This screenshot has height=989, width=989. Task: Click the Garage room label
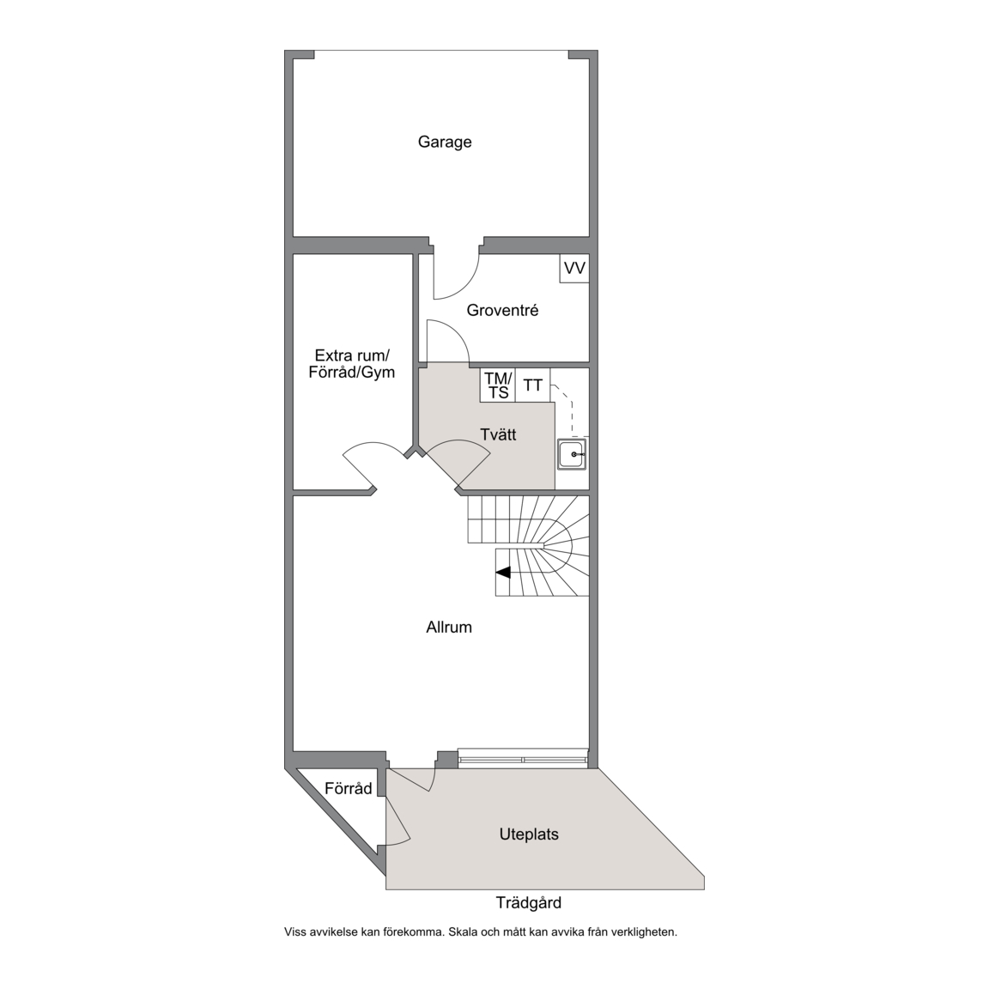tap(445, 142)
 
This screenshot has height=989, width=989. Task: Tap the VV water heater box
tap(574, 268)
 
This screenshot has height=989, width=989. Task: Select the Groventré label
tap(502, 310)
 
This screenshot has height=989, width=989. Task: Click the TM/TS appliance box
tap(498, 385)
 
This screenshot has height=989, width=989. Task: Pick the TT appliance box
tap(533, 385)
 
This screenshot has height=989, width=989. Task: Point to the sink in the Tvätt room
tap(572, 454)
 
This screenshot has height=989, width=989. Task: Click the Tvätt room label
tap(498, 434)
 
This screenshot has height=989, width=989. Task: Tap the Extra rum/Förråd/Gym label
tap(352, 364)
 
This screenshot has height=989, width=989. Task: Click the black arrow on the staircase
tap(503, 573)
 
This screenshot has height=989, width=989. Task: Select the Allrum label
tap(449, 627)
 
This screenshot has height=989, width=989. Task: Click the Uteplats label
tap(529, 834)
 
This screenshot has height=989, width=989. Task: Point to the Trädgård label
tap(529, 903)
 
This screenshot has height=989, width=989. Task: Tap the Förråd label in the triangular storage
tap(349, 788)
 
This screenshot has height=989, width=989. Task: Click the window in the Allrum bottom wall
tap(523, 757)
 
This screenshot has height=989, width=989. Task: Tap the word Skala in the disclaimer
tap(462, 931)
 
